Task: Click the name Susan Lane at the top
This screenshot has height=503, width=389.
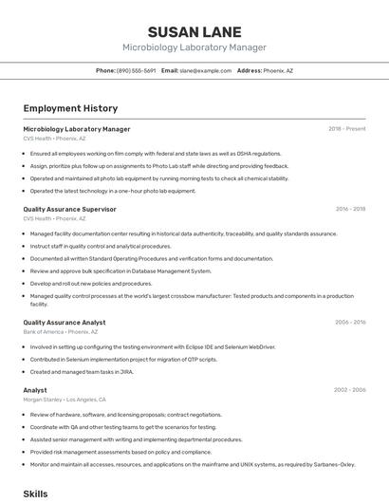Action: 194,31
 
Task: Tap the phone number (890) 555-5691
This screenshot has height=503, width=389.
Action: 136,70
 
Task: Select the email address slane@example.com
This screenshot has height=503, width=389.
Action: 206,70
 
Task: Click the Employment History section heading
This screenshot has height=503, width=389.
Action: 70,108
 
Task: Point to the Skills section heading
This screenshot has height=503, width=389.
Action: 36,494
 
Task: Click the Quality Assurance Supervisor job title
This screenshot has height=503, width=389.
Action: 69,209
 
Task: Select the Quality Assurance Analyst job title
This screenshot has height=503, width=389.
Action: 65,323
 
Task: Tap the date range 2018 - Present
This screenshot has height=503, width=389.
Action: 347,129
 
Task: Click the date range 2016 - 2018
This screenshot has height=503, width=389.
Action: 350,209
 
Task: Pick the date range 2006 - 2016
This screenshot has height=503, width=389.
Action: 350,323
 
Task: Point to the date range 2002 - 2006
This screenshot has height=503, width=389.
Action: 350,390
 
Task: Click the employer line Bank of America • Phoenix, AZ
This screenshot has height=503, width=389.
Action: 61,332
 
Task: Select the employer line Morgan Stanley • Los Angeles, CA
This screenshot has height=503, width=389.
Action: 65,400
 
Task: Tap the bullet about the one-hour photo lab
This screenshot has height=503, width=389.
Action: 113,191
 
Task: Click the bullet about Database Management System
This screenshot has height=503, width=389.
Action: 120,270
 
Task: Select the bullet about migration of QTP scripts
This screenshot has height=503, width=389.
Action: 123,360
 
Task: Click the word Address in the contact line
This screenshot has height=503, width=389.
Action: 249,70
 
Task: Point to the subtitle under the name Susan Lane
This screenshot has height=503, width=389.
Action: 194,47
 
